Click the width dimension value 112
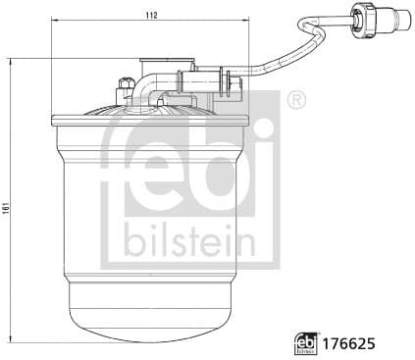(x=150, y=17)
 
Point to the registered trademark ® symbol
(x=297, y=99)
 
